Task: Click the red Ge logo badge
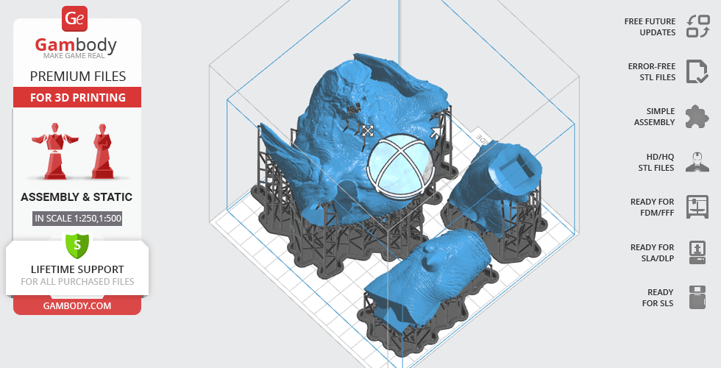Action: click(74, 18)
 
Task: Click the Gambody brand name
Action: click(76, 45)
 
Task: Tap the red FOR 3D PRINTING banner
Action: click(77, 97)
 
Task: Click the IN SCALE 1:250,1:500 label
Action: click(78, 218)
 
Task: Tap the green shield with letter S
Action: click(77, 245)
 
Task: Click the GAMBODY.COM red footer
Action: click(77, 306)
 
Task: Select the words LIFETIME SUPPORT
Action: click(77, 269)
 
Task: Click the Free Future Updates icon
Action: click(697, 26)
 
